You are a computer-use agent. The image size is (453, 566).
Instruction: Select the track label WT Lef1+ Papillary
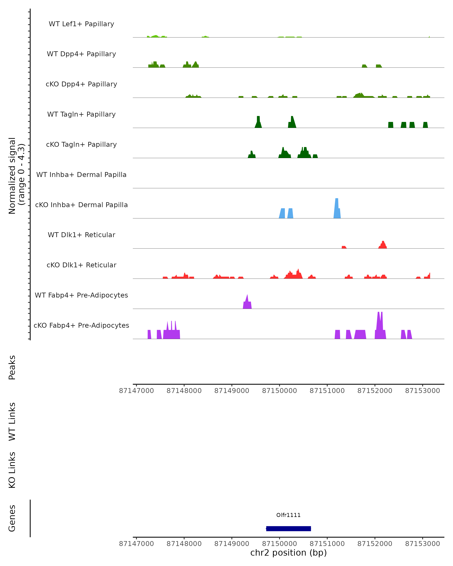(x=81, y=24)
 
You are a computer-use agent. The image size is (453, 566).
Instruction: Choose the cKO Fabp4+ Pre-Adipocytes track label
(x=81, y=325)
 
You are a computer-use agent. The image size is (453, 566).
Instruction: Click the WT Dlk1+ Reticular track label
(x=81, y=235)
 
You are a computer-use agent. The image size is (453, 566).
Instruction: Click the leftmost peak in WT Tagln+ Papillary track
(x=258, y=122)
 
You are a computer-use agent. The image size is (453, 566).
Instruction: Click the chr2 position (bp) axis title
(x=288, y=553)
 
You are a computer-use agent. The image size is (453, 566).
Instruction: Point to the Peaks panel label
(x=12, y=367)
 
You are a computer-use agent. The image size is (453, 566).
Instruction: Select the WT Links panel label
(x=12, y=422)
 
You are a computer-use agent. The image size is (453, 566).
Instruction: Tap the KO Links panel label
(x=12, y=470)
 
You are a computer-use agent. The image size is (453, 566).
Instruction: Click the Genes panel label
(x=12, y=518)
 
